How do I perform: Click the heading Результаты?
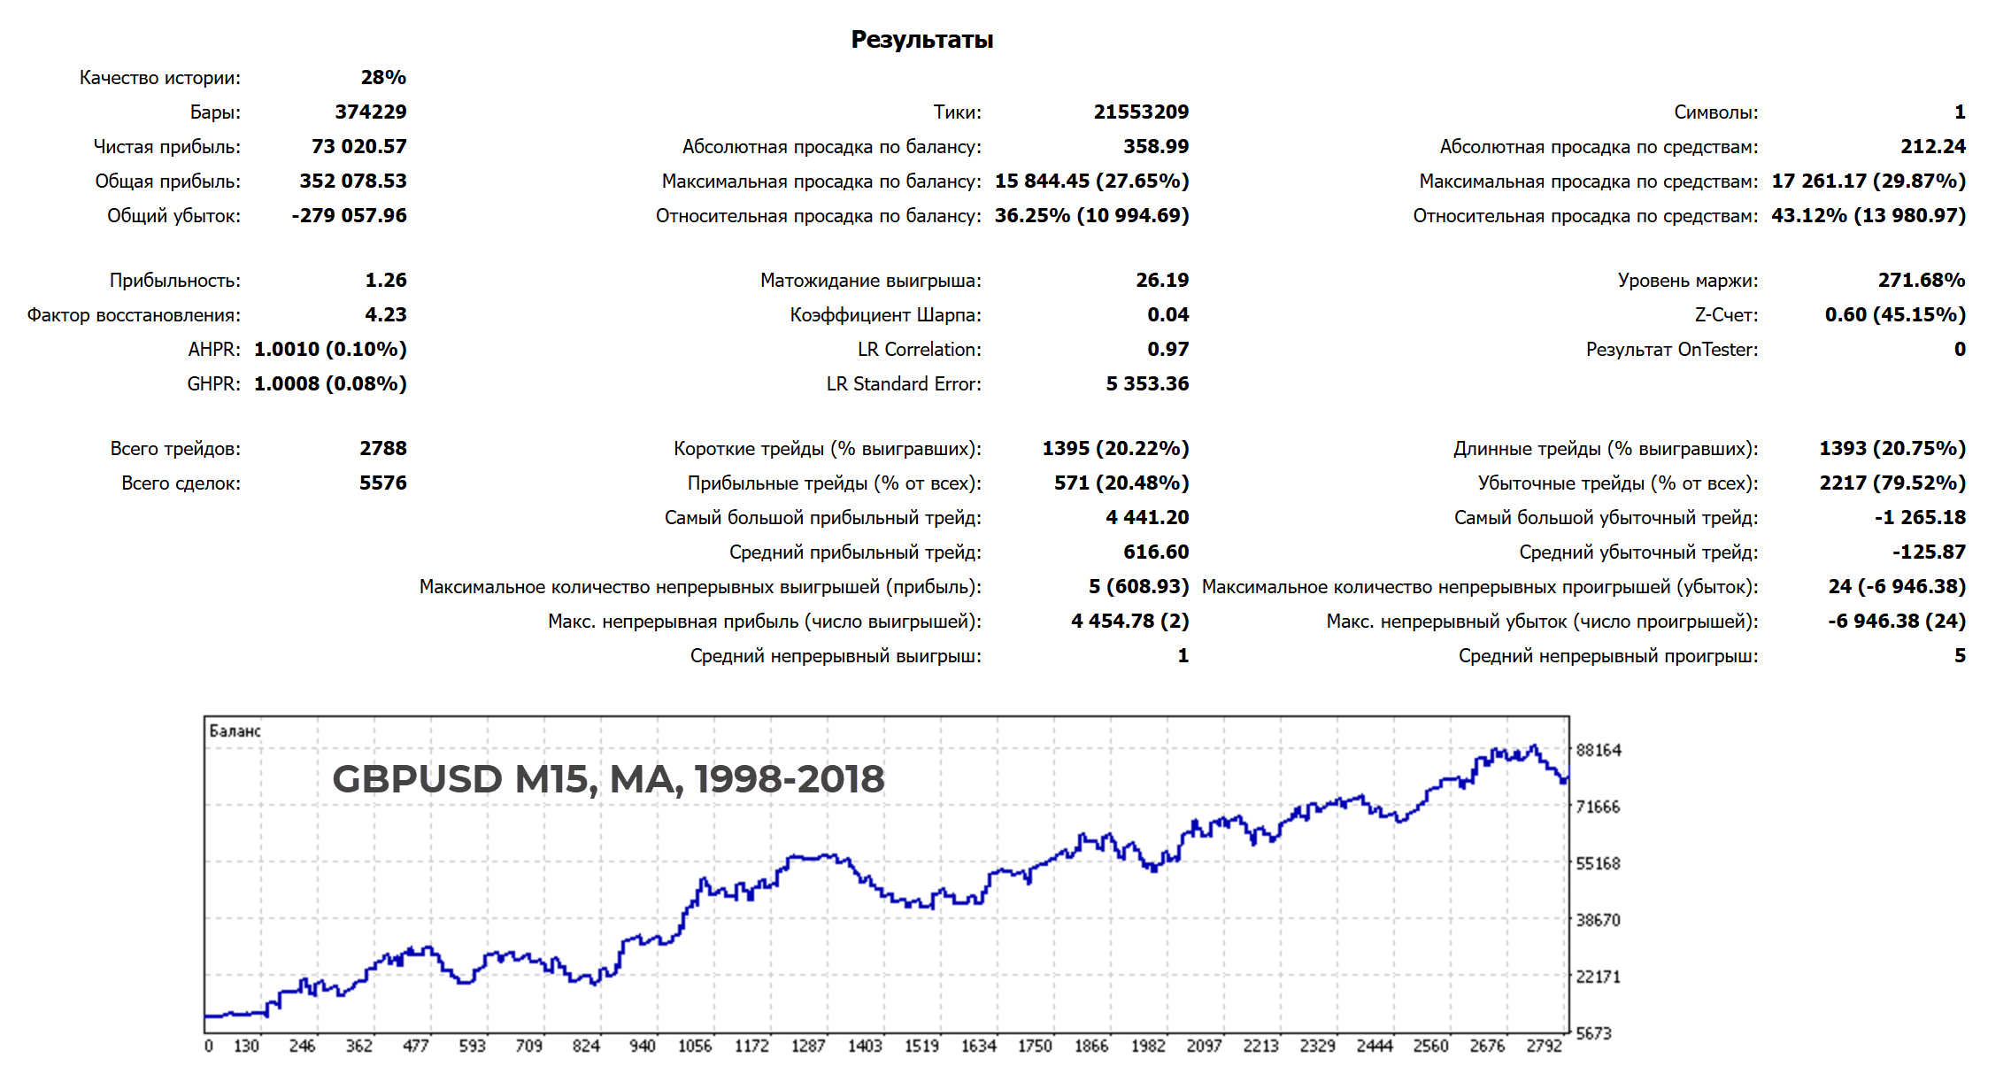[x=921, y=40]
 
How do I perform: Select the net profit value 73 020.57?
[x=358, y=146]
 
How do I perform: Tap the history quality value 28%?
[x=383, y=77]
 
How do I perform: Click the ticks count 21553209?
[x=1141, y=112]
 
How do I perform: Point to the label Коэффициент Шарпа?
[x=885, y=314]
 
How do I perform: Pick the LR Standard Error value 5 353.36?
[x=1147, y=383]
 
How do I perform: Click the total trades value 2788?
[x=382, y=448]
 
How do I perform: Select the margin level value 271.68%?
[x=1922, y=280]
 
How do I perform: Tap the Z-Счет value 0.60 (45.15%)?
[x=1895, y=314]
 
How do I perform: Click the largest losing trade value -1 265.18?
[x=1920, y=517]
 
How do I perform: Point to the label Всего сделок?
[x=181, y=483]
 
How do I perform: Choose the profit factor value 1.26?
[x=386, y=280]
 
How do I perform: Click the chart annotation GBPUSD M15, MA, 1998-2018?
[x=608, y=779]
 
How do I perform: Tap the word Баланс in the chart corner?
[x=235, y=730]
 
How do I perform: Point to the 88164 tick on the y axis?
[x=1599, y=750]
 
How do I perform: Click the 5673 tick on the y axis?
[x=1593, y=1033]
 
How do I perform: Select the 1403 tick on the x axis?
[x=865, y=1046]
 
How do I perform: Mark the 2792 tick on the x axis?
[x=1544, y=1046]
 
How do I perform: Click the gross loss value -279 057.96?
[x=349, y=215]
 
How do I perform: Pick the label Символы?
[x=1715, y=112]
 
